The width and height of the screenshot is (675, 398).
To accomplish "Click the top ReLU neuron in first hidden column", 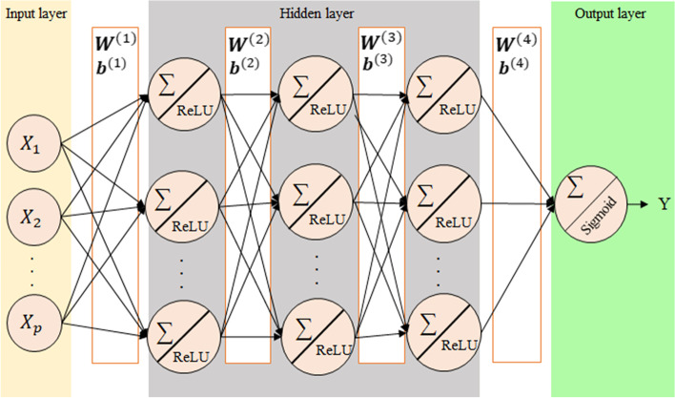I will [x=184, y=98].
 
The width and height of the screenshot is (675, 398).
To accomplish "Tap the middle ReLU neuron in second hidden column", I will [x=316, y=202].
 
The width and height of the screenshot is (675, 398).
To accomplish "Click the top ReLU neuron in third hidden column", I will [x=445, y=98].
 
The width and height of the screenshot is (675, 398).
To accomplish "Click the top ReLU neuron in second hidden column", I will [x=316, y=98].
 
